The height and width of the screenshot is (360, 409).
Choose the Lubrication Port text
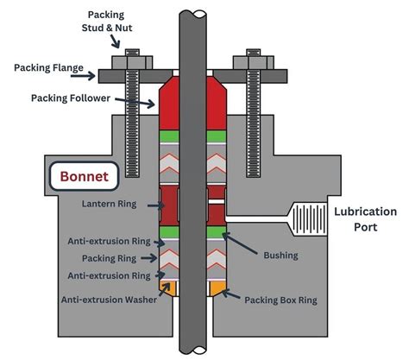tap(366, 219)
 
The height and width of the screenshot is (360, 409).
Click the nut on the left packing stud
tap(131, 58)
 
